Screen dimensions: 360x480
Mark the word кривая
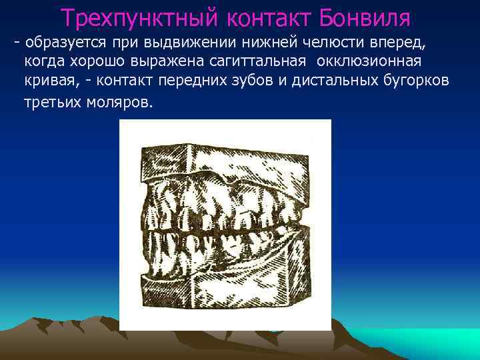pyautogui.click(x=47, y=81)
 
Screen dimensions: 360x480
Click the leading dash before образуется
pyautogui.click(x=17, y=43)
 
